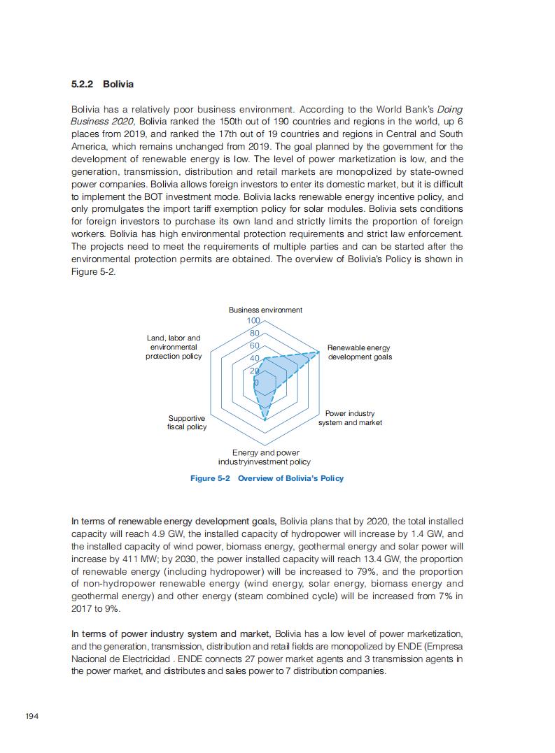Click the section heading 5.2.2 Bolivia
(102, 85)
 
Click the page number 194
(31, 716)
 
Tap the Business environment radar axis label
(265, 310)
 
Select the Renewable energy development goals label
(359, 352)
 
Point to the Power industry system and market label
(350, 418)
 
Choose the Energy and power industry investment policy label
(265, 457)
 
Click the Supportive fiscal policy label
(187, 422)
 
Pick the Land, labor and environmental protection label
(174, 347)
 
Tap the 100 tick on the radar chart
(253, 321)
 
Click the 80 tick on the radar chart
(255, 334)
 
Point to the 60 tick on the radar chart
(255, 346)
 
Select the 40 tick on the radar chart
(255, 359)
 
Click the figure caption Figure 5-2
(267, 478)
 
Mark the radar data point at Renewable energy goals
(319, 352)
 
